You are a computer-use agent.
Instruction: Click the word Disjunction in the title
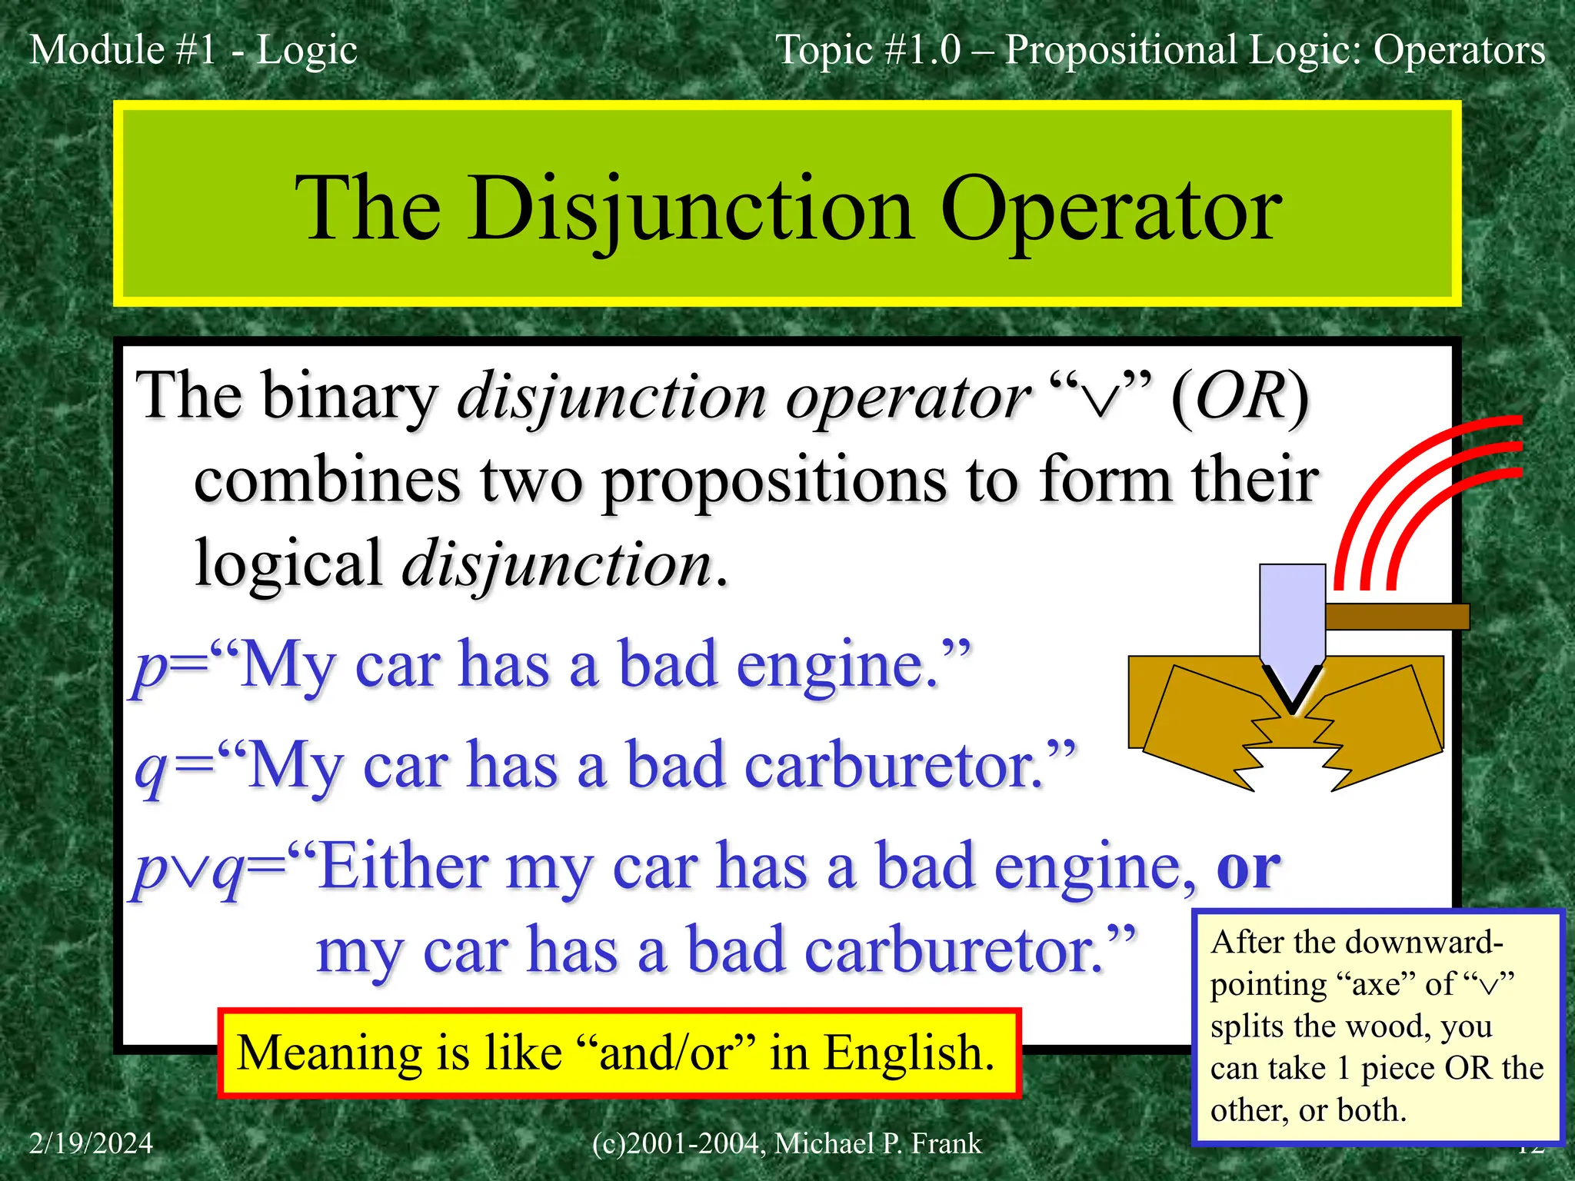tap(691, 209)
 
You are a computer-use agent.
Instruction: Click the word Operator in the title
tap(1110, 209)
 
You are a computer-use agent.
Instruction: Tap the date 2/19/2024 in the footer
tap(91, 1143)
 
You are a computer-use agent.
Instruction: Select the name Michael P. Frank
tap(877, 1143)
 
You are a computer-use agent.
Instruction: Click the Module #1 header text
tap(123, 50)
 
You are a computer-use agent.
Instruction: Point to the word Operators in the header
tap(1459, 50)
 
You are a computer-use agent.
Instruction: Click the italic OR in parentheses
tap(1240, 397)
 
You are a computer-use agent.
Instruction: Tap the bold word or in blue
tap(1247, 867)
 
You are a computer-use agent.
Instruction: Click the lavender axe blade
tap(1292, 615)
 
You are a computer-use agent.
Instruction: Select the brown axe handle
tap(1396, 617)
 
